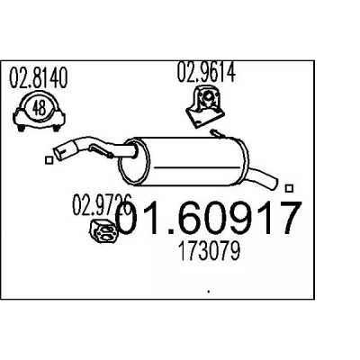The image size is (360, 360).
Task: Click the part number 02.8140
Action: [39, 78]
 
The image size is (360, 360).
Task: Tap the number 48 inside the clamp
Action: [39, 108]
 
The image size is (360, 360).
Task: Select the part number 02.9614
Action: [206, 72]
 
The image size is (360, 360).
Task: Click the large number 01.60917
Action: [208, 218]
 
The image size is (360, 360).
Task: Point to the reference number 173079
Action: [209, 251]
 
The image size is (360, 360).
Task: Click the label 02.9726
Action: [102, 205]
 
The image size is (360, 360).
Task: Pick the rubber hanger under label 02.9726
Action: [104, 231]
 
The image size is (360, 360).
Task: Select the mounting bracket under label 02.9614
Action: [205, 106]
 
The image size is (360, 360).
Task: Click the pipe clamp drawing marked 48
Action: [39, 112]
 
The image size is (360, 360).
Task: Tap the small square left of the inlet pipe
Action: [49, 160]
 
